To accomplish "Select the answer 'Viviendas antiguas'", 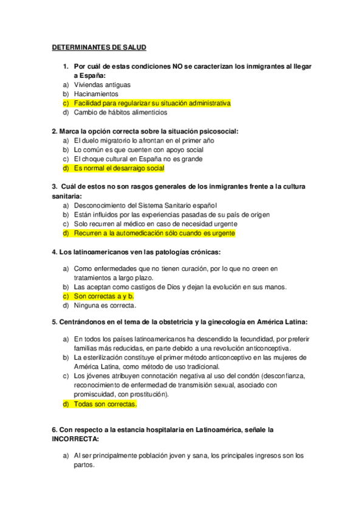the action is (x=101, y=85).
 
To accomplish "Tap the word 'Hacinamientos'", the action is (x=96, y=94).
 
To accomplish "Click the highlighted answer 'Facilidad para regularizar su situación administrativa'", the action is (x=152, y=103).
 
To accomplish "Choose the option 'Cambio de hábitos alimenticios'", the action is (x=120, y=113).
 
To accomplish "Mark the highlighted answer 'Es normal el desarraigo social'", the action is (x=118, y=168).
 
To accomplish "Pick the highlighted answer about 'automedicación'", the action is (x=154, y=233).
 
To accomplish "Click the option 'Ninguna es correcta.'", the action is (x=105, y=305).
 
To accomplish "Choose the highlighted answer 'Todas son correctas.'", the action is (x=105, y=404).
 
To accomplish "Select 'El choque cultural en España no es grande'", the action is (x=138, y=159).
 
